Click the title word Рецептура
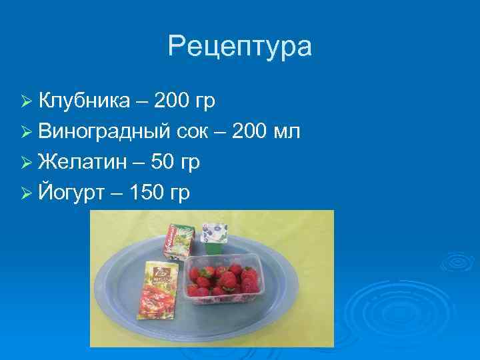(239, 47)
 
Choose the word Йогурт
(71, 193)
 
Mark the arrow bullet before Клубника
(27, 101)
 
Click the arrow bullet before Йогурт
(27, 194)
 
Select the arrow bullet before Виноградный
(27, 133)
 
